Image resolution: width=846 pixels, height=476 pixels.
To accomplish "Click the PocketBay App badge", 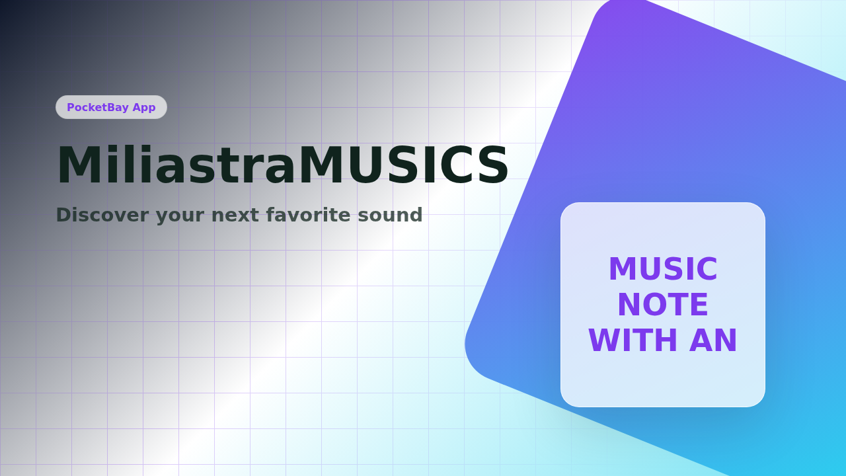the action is click(111, 107).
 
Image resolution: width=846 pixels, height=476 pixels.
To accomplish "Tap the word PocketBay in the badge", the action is click(98, 107).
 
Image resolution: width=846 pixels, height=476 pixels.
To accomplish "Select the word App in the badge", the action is click(144, 108).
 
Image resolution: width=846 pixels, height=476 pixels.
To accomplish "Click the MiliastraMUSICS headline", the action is click(282, 165).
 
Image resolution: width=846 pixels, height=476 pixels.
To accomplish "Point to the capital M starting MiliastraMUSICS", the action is click(78, 165).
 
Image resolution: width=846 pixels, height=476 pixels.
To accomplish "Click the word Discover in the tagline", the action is click(102, 215).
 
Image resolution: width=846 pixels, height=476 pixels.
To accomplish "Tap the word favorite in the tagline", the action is click(308, 215).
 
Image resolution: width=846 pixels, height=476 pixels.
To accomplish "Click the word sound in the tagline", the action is click(390, 215).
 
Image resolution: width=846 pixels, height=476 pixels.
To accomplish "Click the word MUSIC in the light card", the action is click(663, 269).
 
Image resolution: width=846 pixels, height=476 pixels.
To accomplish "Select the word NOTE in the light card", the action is click(663, 305).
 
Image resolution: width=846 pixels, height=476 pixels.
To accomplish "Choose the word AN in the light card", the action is click(713, 340).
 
